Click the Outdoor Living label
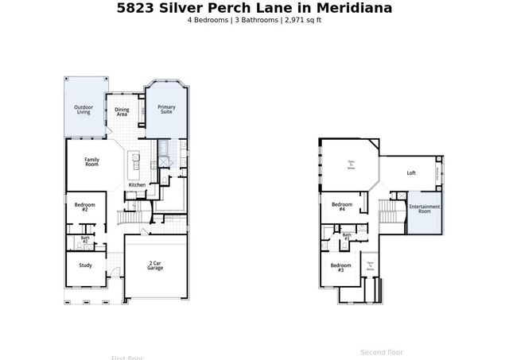(x=84, y=110)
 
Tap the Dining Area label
(x=122, y=112)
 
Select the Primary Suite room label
(x=166, y=110)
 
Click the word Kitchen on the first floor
(x=137, y=185)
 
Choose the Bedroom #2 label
(x=85, y=207)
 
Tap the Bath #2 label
(x=84, y=239)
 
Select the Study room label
(x=85, y=265)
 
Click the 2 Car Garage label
(x=155, y=266)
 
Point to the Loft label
(x=411, y=172)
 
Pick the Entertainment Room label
(x=425, y=209)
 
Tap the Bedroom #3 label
(x=340, y=267)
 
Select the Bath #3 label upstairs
(x=347, y=236)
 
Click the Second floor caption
(x=382, y=351)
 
